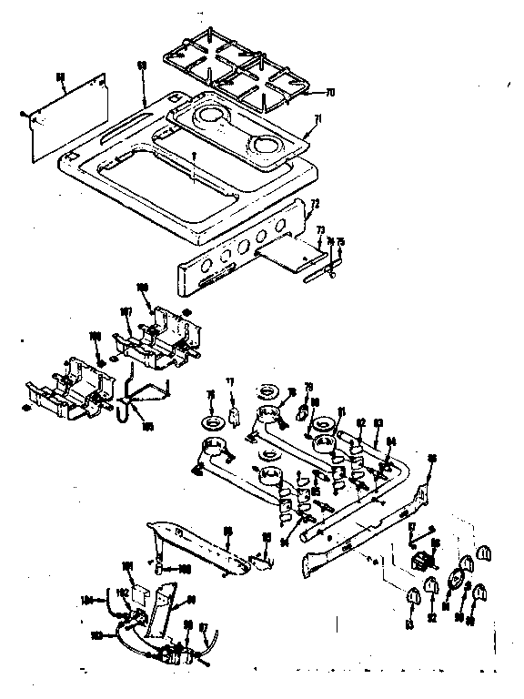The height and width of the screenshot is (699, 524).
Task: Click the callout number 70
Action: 329,92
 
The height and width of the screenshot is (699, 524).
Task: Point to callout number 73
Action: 319,232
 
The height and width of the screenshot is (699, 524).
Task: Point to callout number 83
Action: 378,420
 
